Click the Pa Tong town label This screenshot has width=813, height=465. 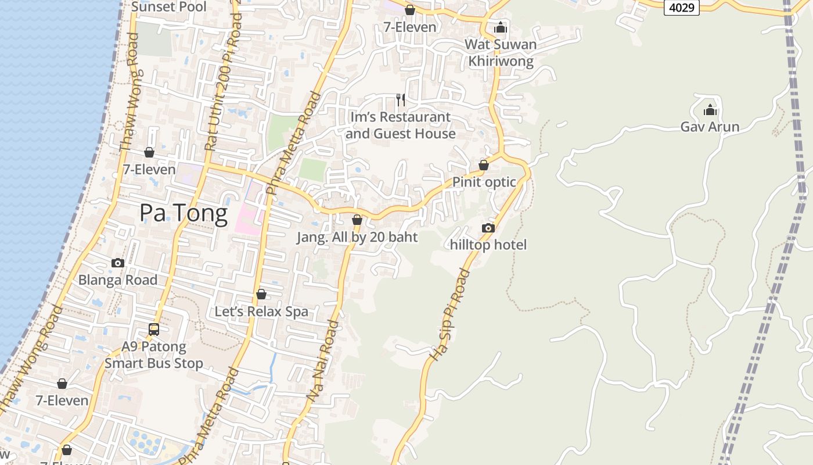pos(184,213)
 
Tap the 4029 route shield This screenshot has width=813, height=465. pos(682,8)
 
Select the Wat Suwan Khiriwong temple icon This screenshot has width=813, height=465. pos(501,27)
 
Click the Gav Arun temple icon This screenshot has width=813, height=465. pos(710,110)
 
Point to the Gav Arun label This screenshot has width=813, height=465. pos(710,127)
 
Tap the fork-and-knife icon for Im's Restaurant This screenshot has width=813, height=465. pos(401,100)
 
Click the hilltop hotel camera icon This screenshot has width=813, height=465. pos(488,228)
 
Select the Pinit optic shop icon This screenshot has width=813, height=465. pos(484,165)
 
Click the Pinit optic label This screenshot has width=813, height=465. pos(484,182)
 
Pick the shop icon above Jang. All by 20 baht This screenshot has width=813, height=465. pos(357,220)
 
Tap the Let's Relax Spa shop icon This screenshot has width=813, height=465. pos(261,294)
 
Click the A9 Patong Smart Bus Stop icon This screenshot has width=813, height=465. pos(154,330)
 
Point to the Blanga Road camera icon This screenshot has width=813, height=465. pos(118,263)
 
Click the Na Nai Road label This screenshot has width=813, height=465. pos(323,360)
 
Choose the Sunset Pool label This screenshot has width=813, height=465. pos(169,7)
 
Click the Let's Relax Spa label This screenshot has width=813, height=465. pos(261,312)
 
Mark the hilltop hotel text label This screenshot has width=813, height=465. pos(488,245)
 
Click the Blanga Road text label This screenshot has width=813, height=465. pos(118,280)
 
